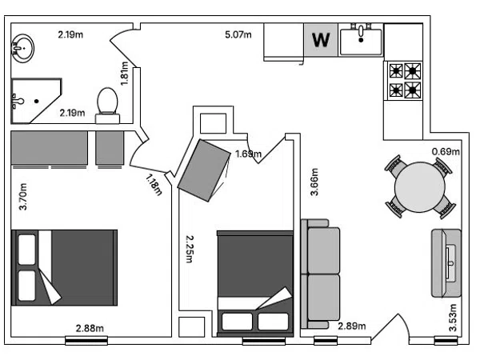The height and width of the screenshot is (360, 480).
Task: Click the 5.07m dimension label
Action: pos(238,34)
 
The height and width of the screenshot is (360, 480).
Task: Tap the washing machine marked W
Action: pos(321,40)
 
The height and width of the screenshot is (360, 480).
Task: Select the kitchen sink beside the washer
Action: pos(361,39)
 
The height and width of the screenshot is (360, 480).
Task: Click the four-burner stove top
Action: pos(404,81)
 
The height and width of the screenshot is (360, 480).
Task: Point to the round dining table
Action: pos(420,187)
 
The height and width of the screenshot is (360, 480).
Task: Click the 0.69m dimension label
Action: pos(446,151)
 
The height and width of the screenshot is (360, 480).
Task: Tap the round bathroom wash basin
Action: pos(22,48)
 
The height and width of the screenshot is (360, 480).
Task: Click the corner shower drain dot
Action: pos(37,101)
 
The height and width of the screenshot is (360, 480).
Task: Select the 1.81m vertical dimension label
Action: pos(124,74)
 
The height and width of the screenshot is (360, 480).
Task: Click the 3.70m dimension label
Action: pos(23,197)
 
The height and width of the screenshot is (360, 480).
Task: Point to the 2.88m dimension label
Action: pos(90,328)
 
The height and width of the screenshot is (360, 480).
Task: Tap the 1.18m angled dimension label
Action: pos(154,184)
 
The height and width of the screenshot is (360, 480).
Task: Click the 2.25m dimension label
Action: pos(190,249)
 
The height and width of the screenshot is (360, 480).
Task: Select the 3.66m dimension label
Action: pos(314,182)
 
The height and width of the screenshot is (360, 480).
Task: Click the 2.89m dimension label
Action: pos(352,326)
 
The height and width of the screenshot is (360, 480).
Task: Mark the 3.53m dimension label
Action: pos(453,318)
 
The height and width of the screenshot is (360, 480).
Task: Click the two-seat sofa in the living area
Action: pos(321,274)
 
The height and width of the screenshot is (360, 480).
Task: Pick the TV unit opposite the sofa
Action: pos(446,263)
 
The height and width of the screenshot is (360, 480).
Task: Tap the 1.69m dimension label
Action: pos(248,154)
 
